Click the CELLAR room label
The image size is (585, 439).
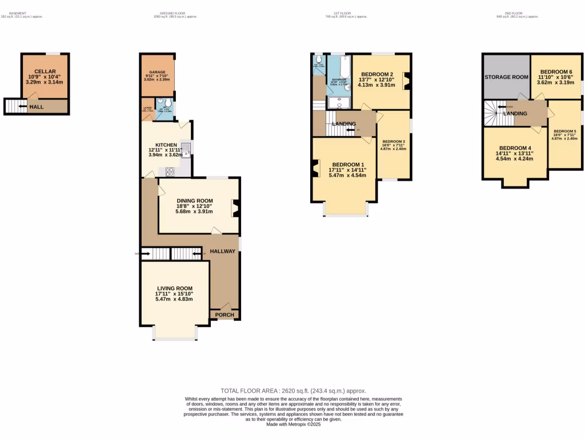[45, 71]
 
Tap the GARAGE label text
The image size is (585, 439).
[157, 72]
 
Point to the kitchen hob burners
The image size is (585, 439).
[170, 170]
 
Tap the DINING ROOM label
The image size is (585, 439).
[194, 201]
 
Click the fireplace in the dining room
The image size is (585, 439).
[235, 208]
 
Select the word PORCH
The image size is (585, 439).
[225, 314]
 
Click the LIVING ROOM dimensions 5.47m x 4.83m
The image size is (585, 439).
[174, 299]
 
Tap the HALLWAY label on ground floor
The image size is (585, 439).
[223, 251]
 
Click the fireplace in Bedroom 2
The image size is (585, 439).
[406, 81]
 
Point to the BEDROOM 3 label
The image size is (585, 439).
[394, 141]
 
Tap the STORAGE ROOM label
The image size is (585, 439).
[506, 77]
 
